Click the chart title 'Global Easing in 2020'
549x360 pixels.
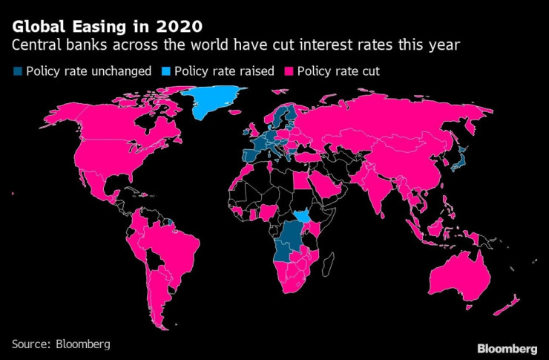(106, 27)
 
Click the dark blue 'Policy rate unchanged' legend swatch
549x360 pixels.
(16, 72)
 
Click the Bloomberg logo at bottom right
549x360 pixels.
(506, 347)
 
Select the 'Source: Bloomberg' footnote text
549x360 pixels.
(61, 344)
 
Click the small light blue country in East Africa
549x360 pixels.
(302, 217)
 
